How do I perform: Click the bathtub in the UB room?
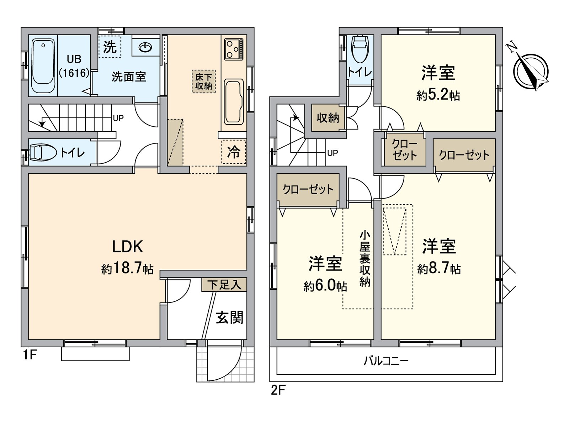[x=43, y=66]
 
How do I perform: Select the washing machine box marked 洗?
[x=110, y=47]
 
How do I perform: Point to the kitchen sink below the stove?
[x=234, y=101]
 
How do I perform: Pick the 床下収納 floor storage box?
[x=204, y=81]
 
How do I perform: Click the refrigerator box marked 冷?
[x=234, y=152]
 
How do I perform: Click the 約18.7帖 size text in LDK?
[x=127, y=268]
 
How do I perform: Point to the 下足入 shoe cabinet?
[x=224, y=285]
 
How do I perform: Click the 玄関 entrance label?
[x=230, y=317]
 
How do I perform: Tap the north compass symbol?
[x=531, y=70]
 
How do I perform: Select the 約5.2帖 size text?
[x=438, y=95]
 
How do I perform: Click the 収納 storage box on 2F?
[x=328, y=117]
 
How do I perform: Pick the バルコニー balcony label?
[x=386, y=361]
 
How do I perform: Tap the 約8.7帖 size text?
[x=439, y=268]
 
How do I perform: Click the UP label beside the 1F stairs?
[x=118, y=118]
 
